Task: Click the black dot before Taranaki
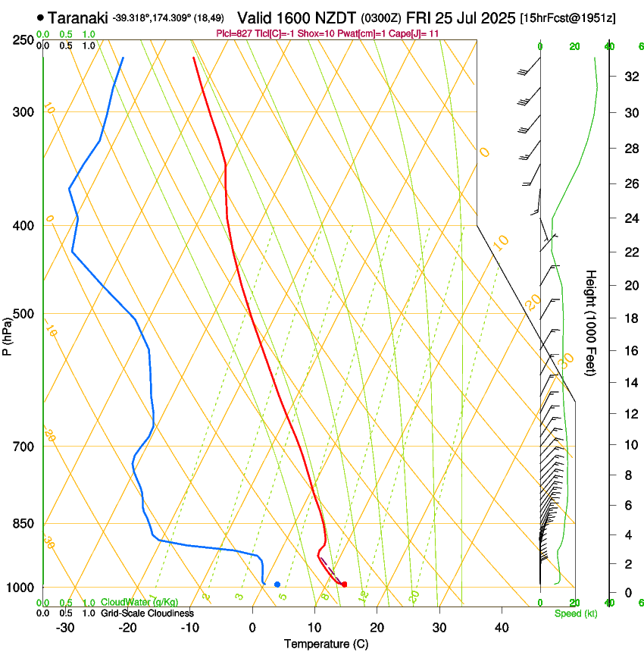click(40, 17)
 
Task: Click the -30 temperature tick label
click(65, 627)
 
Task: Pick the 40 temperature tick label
click(502, 627)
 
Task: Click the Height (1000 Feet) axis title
click(591, 322)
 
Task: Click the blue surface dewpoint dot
click(277, 585)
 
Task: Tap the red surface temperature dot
click(344, 585)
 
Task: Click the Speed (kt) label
click(575, 613)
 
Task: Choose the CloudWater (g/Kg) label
click(139, 603)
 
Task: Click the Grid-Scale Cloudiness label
click(147, 613)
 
